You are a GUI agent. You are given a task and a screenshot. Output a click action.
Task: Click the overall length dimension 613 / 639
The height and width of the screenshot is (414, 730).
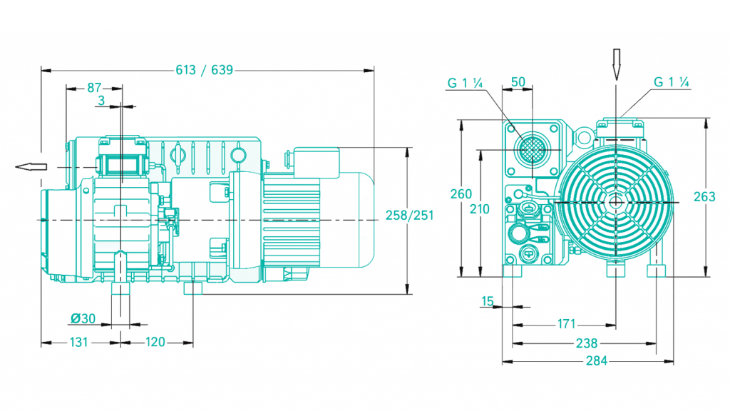coord(204,70)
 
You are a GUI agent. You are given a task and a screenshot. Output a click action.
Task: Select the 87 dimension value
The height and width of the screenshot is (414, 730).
coord(95,88)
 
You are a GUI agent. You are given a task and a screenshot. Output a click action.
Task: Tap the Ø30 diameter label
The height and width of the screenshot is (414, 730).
coord(83,318)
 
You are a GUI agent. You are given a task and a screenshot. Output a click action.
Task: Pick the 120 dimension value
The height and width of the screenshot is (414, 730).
coord(155,342)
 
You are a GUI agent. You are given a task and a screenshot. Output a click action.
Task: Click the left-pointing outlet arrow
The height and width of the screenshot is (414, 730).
coord(31,166)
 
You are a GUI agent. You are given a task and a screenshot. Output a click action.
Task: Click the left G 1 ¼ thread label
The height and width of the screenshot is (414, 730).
coord(466,83)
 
